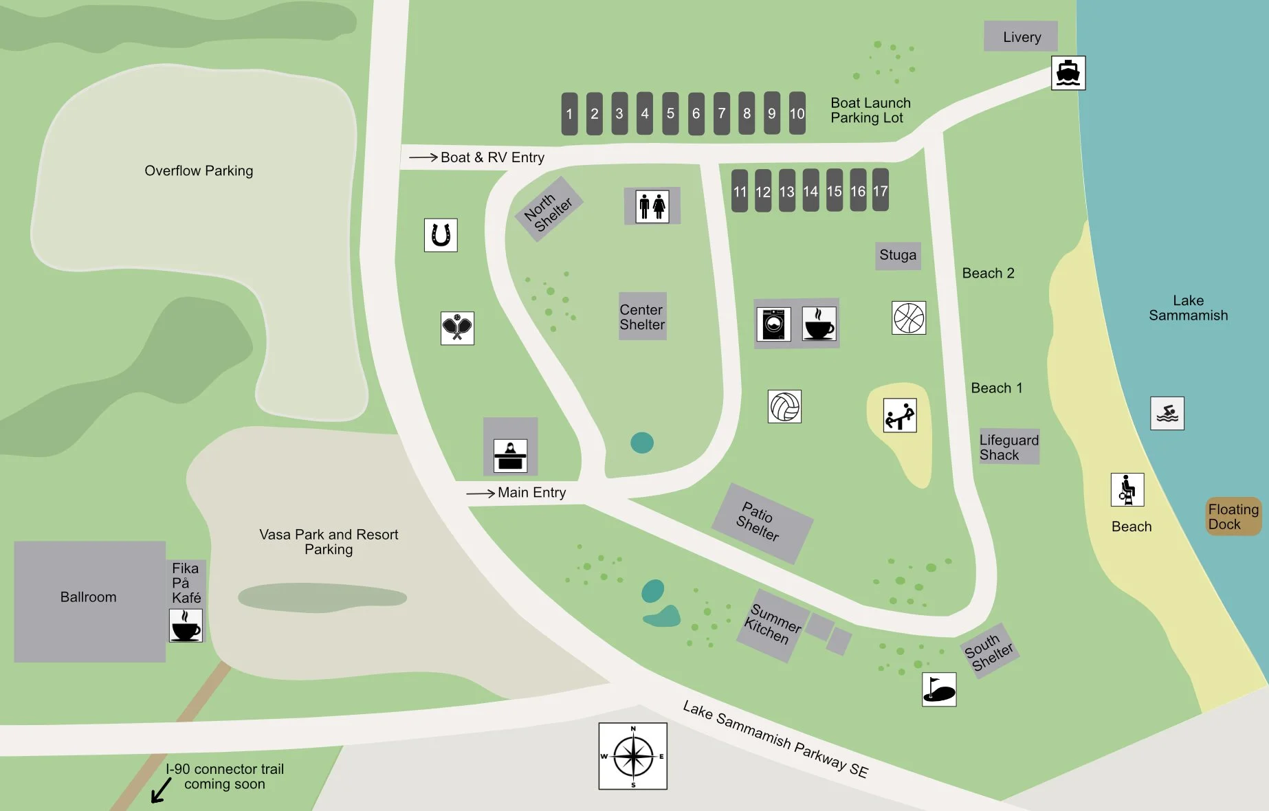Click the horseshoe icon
[x=441, y=235]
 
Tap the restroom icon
[x=652, y=205]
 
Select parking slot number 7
[x=721, y=113]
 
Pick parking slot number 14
[x=810, y=191]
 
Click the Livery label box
[x=1021, y=36]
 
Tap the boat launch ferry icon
[x=1068, y=73]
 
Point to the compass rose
[x=632, y=756]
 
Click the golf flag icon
[x=939, y=689]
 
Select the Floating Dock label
[x=1233, y=517]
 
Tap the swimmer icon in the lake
[x=1167, y=414]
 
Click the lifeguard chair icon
[x=1127, y=490]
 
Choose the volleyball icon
[x=784, y=407]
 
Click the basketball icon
[x=909, y=318]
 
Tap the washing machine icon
[x=774, y=324]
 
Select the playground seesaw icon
[x=900, y=416]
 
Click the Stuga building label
[x=898, y=255]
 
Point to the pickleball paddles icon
[x=457, y=328]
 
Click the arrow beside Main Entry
[x=481, y=493]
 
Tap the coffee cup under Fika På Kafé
[x=186, y=625]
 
